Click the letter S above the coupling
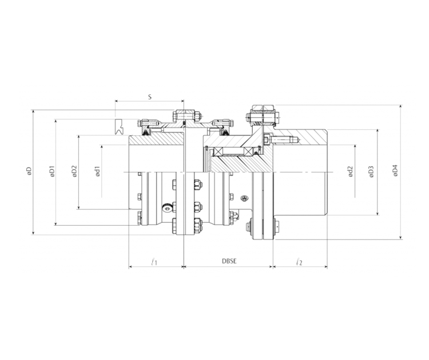(149, 98)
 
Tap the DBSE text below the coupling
(229, 262)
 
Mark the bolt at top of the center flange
(184, 116)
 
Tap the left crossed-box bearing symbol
(217, 151)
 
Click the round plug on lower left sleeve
(166, 207)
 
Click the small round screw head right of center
(245, 198)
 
